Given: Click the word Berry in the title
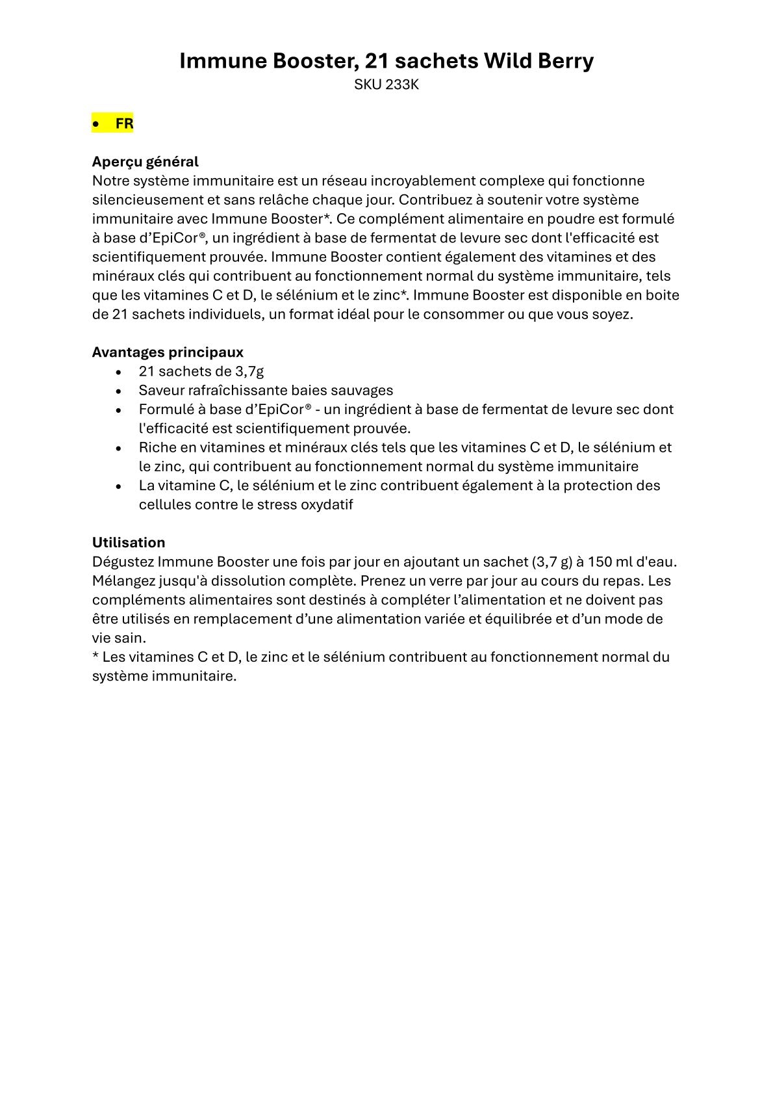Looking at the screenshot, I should pos(564,61).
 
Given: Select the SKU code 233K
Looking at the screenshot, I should pos(402,85).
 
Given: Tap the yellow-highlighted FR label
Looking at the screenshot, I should pos(124,124).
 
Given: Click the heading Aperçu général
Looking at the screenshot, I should pos(145,161).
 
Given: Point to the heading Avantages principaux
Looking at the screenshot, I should pos(168,352).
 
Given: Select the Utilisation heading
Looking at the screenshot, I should pos(129,542).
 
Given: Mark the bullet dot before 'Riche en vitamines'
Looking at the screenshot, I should pos(118,448).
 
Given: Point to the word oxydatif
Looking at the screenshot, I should pos(327,504).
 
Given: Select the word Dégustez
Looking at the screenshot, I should pos(123,561).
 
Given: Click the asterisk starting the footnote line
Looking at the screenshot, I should pos(95,655).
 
